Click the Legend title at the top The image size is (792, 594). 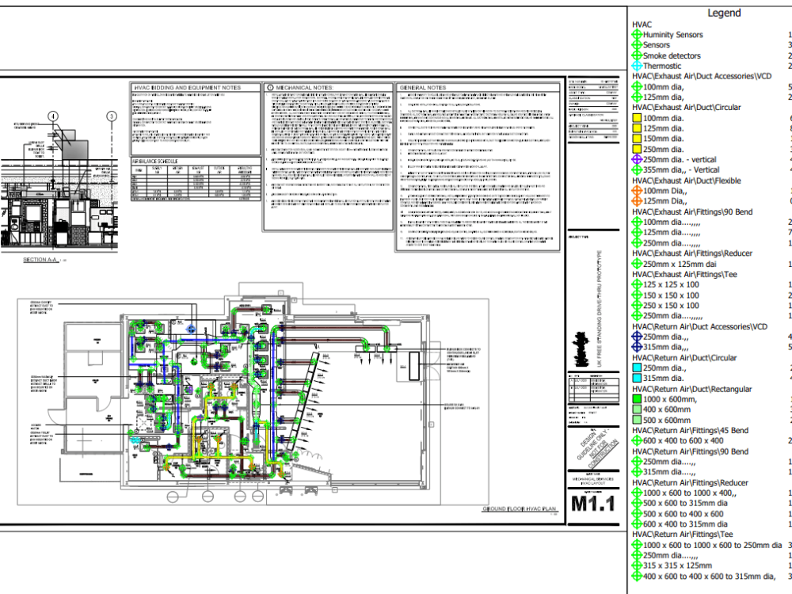click(724, 13)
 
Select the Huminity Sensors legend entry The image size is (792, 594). click(672, 35)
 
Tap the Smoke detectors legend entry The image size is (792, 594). click(672, 56)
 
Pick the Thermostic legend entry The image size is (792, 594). click(662, 67)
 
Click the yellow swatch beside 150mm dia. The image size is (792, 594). click(637, 139)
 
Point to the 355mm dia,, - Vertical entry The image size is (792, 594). click(681, 169)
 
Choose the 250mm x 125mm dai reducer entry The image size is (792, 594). click(680, 264)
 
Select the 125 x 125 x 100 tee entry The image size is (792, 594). click(671, 284)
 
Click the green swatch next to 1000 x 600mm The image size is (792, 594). click(637, 400)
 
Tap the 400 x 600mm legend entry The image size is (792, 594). click(667, 410)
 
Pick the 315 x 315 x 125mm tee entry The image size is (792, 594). click(676, 565)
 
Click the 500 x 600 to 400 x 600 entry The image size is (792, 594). click(683, 514)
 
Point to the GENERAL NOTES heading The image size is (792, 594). click(423, 87)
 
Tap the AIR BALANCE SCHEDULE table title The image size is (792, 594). click(154, 161)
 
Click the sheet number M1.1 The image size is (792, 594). click(592, 504)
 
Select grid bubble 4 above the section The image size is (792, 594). click(53, 116)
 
